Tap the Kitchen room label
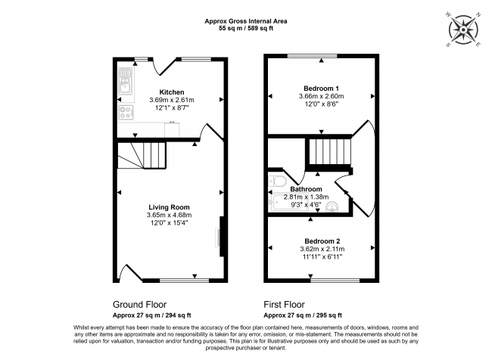tap(171, 92)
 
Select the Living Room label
tap(168, 206)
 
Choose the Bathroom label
tap(307, 189)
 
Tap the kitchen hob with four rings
tap(125, 113)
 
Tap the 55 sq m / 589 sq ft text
tap(246, 26)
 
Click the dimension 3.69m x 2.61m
tap(171, 100)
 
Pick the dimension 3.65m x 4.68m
tap(168, 215)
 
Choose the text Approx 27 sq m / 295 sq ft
tap(303, 315)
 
